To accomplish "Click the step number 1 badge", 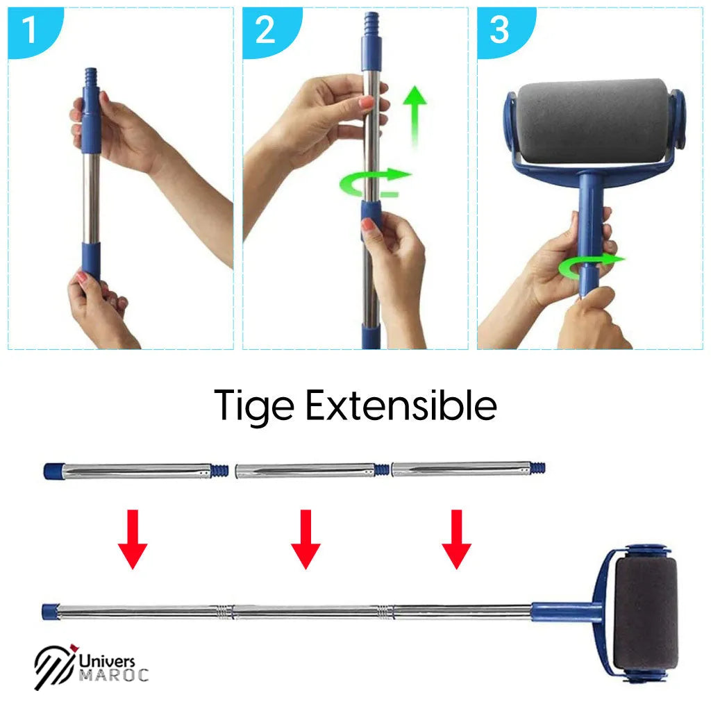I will (x=28, y=31).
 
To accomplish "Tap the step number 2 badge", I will (x=265, y=31).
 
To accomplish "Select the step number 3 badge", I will (x=499, y=31).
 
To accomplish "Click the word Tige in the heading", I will (x=253, y=405).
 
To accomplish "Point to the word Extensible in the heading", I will (x=401, y=405).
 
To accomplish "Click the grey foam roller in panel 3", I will (x=594, y=122).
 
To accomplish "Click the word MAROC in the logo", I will (x=114, y=675).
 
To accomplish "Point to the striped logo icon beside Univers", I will (x=54, y=668).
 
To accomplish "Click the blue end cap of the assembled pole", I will (x=50, y=612).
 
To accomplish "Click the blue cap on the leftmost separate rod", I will (x=53, y=470).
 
